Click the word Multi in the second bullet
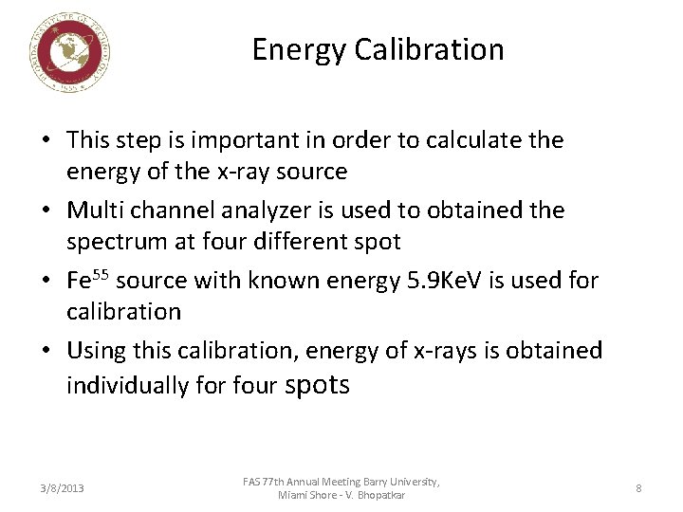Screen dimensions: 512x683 tap(96, 210)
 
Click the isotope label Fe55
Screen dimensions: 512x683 tap(87, 280)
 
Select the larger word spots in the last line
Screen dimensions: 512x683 tap(317, 384)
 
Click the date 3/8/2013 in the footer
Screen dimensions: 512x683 tap(63, 488)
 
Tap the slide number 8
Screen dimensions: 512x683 tap(638, 488)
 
